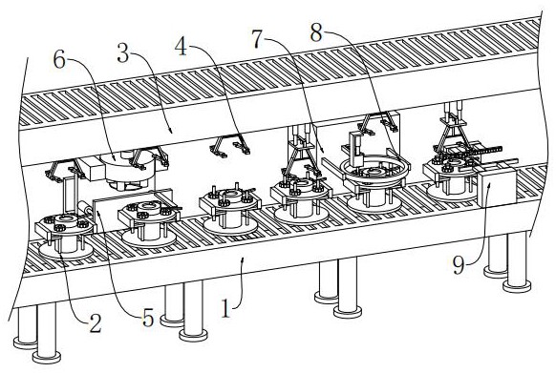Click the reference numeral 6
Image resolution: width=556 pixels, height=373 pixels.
click(x=59, y=60)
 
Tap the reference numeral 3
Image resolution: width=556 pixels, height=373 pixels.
click(x=122, y=54)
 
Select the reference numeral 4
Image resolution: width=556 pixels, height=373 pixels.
click(x=181, y=47)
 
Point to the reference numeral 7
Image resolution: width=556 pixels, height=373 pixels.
click(x=258, y=38)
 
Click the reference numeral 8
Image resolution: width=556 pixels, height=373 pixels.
click(x=316, y=32)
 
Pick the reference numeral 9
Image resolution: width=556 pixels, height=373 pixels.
click(x=458, y=265)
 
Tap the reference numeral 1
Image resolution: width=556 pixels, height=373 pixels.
click(x=225, y=308)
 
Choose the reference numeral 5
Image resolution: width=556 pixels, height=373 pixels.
click(x=148, y=317)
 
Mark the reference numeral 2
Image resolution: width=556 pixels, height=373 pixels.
click(x=95, y=323)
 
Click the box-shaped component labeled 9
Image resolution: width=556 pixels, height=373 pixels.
click(x=496, y=187)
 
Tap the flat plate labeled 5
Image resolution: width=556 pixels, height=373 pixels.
click(x=132, y=205)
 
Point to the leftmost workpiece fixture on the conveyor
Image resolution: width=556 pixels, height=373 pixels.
click(x=66, y=236)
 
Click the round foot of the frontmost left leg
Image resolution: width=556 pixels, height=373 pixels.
click(x=47, y=357)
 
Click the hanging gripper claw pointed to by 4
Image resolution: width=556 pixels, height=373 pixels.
click(x=230, y=147)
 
